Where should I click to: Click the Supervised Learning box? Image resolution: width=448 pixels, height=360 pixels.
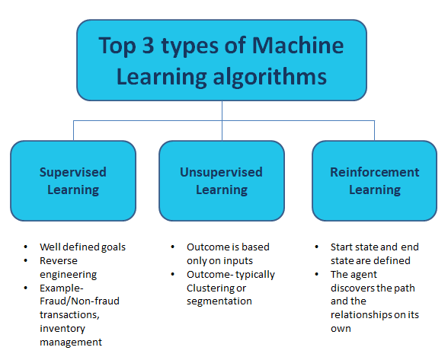coord(73,180)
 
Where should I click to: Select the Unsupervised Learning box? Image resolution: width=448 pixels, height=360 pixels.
coord(222,180)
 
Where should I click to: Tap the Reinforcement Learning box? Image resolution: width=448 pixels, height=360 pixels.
coord(374,180)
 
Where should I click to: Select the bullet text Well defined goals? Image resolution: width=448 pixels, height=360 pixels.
coord(82,247)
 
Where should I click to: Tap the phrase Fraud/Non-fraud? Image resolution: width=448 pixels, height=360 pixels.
coord(81,301)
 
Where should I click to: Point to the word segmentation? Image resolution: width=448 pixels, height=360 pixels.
coord(219,301)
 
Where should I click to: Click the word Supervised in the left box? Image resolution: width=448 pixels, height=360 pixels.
coord(73,172)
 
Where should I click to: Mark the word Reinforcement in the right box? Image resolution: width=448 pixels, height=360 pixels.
coord(375,172)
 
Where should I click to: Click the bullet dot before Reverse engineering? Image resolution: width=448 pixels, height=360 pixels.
coord(27,261)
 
